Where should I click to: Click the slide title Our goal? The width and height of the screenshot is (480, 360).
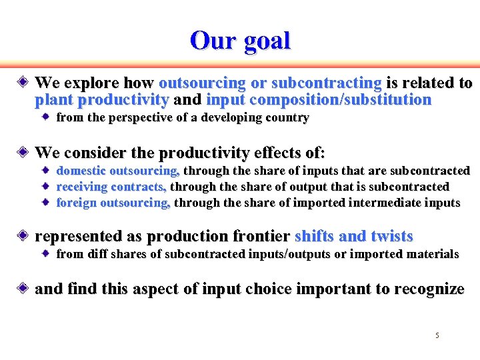pyautogui.click(x=240, y=41)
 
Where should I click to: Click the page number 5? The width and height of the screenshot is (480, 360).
pyautogui.click(x=437, y=335)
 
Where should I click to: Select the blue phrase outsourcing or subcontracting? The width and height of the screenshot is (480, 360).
pyautogui.click(x=270, y=83)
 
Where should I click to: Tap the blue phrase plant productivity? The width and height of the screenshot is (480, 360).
pyautogui.click(x=101, y=101)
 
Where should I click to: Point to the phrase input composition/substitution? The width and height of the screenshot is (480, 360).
pyautogui.click(x=319, y=101)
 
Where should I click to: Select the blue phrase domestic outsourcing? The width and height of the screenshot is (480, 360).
pyautogui.click(x=118, y=171)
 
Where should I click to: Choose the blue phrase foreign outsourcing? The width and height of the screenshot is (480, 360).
pyautogui.click(x=113, y=203)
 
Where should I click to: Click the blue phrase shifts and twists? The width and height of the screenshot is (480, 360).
pyautogui.click(x=353, y=236)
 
